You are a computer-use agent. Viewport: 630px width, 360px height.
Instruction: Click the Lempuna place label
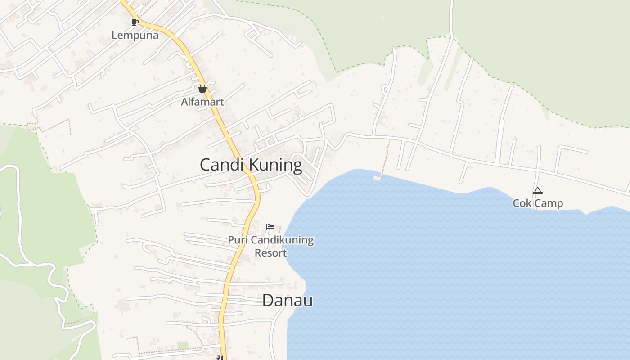pos(135,35)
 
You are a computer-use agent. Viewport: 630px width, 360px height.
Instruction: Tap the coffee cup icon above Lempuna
pos(134,22)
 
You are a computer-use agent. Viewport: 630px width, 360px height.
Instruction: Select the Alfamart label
pos(202,102)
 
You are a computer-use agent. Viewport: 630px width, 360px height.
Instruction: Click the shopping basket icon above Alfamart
pos(202,89)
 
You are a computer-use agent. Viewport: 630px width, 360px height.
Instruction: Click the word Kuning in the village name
pos(276,165)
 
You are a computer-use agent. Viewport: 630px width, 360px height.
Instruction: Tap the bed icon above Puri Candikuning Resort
pos(270,226)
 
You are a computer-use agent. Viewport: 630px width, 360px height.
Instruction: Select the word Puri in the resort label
pos(237,240)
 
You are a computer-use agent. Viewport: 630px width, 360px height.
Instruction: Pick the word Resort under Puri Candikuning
pos(270,252)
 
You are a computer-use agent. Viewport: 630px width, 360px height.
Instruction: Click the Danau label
pos(287,301)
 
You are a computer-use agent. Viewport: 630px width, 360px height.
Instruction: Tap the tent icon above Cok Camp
pos(537,191)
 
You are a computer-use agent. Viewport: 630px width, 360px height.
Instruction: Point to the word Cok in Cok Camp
pos(522,203)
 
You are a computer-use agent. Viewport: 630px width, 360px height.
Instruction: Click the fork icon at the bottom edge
pos(219,357)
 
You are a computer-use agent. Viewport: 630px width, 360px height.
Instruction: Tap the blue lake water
pos(450,270)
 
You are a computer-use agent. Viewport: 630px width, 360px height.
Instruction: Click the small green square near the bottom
pos(182,345)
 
